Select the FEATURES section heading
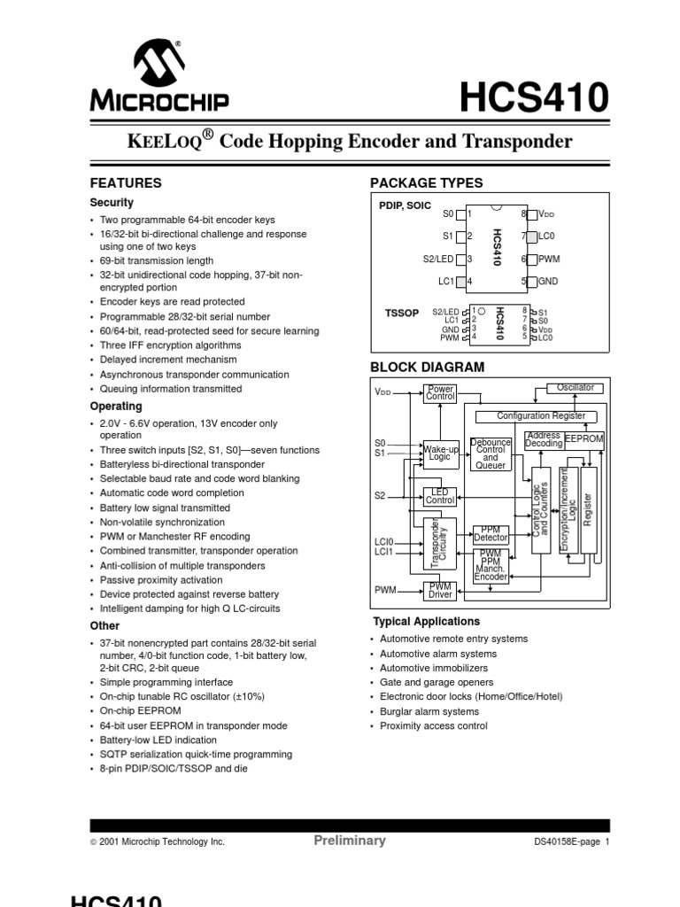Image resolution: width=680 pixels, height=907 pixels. coord(127,183)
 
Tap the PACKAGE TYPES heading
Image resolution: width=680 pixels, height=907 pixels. coord(426,183)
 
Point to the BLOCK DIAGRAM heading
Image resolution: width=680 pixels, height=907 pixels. coord(427,367)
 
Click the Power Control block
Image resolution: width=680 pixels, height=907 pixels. coord(440,392)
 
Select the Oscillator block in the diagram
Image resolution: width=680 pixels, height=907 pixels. coord(576,388)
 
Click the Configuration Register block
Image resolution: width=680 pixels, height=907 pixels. coord(540,415)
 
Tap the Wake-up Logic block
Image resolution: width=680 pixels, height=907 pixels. coord(439,453)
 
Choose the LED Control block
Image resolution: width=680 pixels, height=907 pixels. coord(440,496)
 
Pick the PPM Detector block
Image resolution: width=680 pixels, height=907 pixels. coord(491,533)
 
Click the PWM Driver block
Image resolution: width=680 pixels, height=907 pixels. coord(440,591)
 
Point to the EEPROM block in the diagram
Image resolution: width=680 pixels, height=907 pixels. coord(583,439)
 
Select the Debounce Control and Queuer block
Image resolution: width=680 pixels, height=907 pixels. coord(490,453)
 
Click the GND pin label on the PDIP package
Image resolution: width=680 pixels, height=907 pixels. coord(549,282)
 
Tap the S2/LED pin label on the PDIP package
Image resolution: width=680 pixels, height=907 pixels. coord(438,260)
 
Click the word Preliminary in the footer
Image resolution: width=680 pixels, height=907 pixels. coord(350,841)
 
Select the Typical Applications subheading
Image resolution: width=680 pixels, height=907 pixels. coord(426,621)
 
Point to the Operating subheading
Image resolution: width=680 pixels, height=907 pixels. coord(116,407)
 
